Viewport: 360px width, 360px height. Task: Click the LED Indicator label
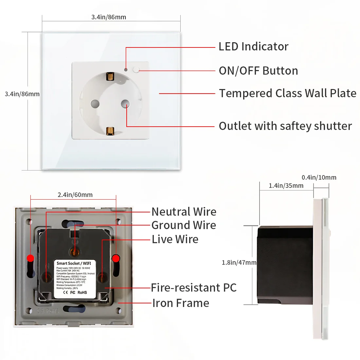[x=253, y=47]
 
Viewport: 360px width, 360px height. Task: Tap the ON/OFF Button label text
[x=258, y=71]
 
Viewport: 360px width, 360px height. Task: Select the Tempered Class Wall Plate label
[x=287, y=93]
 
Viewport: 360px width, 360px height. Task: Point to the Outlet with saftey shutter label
[x=285, y=126]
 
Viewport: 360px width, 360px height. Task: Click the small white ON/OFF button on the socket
[x=136, y=70]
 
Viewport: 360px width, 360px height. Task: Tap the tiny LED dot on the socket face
[x=126, y=70]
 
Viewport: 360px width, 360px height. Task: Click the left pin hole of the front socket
[x=95, y=104]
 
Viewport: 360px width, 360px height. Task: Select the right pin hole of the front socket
[x=125, y=104]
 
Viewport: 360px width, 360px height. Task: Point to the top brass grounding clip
[x=110, y=77]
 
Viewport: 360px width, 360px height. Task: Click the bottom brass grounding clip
[x=110, y=131]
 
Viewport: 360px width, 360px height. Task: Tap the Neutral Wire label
[x=184, y=212]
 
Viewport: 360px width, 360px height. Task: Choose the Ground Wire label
[x=184, y=225]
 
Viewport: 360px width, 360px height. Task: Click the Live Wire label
[x=175, y=239]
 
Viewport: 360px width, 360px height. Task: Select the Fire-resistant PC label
[x=193, y=288]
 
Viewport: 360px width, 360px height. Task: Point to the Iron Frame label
[x=180, y=303]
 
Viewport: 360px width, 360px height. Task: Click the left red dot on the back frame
[x=30, y=258]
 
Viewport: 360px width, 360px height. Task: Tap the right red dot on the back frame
[x=116, y=258]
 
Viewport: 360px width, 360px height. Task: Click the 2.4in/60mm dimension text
[x=75, y=195]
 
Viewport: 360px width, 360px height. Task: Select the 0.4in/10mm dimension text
[x=319, y=177]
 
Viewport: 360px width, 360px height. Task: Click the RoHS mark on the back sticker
[x=82, y=292]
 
